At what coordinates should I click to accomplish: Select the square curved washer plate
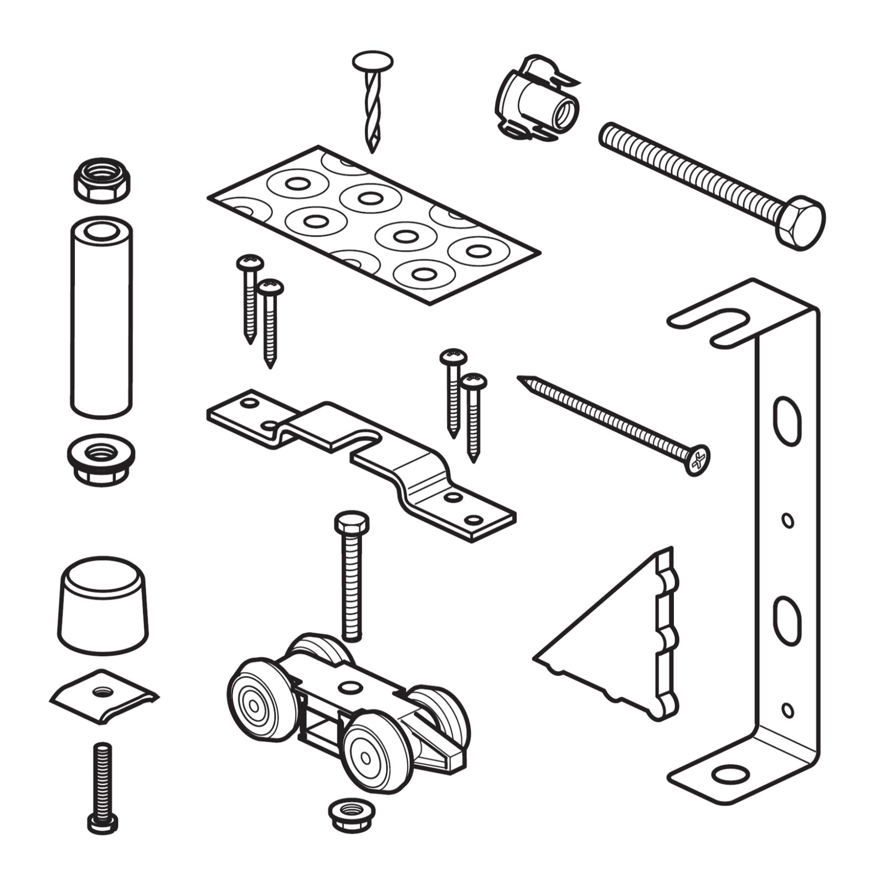[x=104, y=695]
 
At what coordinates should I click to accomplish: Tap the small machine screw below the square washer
[x=102, y=786]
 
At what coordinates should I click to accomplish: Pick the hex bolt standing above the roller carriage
[x=352, y=576]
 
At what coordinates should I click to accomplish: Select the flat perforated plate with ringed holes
[x=374, y=224]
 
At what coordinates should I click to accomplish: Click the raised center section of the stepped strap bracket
[x=332, y=426]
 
